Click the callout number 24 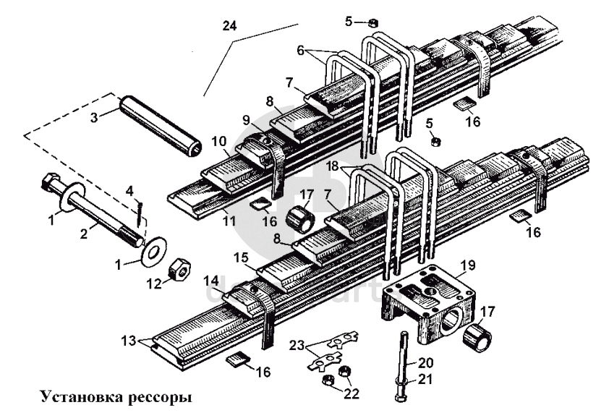pyautogui.click(x=230, y=25)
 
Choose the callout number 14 pyautogui.click(x=210, y=278)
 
